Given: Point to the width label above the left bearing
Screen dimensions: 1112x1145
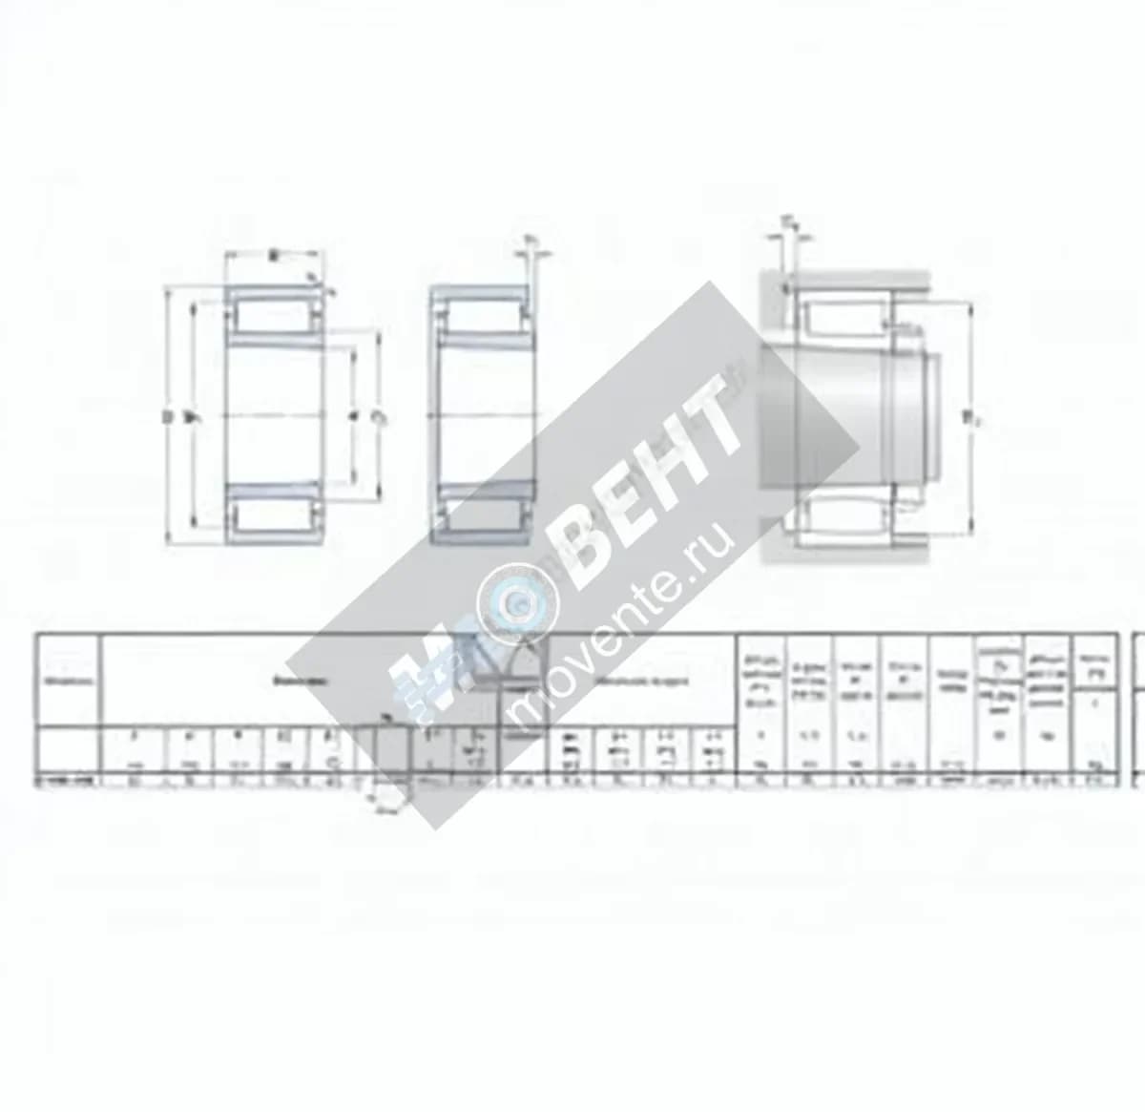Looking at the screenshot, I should tap(275, 256).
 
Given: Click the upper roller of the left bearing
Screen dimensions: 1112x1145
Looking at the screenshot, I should tap(275, 315).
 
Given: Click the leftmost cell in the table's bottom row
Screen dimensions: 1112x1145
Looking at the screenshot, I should tap(68, 780).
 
